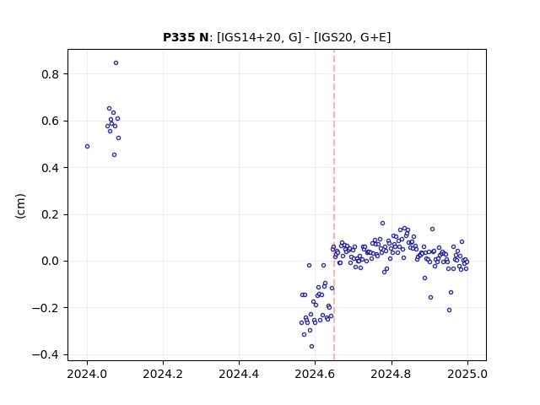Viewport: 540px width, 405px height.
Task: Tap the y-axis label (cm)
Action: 20,206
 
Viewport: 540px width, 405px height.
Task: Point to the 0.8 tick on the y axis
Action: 51,74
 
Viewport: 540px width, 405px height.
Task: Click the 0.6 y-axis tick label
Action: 51,121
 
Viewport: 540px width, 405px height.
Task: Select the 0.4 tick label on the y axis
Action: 51,168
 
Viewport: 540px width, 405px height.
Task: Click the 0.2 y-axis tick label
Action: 51,214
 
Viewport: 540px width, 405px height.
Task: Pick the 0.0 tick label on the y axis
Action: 51,261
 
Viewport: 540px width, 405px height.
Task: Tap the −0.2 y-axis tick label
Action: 46,308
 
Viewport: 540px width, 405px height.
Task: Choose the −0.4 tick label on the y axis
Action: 46,354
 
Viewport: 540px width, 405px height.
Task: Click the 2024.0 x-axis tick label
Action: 87,374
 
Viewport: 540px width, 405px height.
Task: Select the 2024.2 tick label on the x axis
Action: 163,374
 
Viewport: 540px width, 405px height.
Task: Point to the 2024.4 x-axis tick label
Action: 239,374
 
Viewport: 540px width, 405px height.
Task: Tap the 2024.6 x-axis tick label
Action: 315,374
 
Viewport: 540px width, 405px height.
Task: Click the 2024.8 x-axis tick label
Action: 391,374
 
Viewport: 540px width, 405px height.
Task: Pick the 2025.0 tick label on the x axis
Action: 467,374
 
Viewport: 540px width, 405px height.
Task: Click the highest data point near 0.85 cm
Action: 116,63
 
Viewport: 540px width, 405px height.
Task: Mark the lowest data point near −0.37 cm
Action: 311,347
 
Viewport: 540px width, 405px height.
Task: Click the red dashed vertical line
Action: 334,205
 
